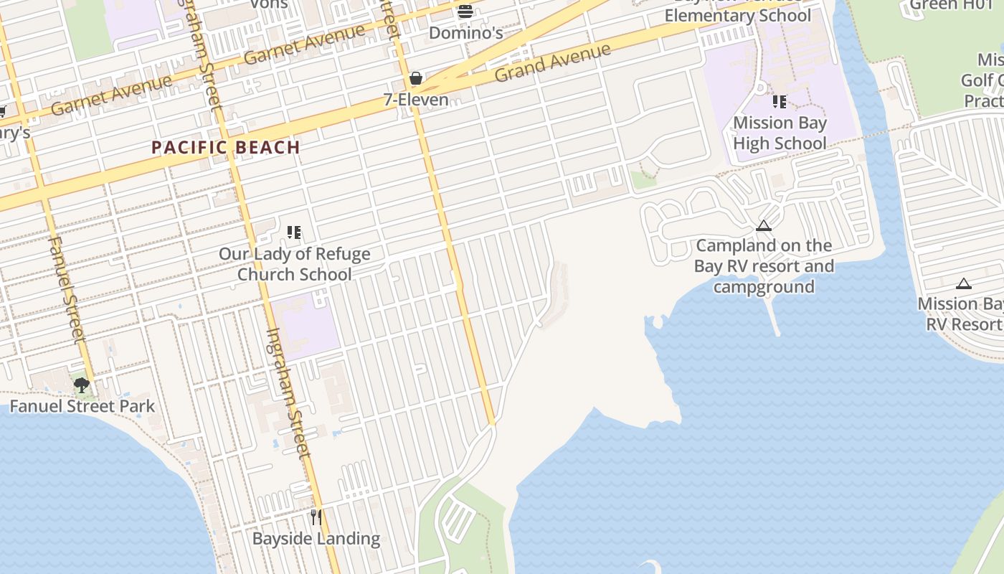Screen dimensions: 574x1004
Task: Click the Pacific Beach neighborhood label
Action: click(225, 148)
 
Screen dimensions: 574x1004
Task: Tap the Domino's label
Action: click(465, 33)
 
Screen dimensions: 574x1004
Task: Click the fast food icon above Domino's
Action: click(465, 11)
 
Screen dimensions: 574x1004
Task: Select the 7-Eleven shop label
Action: click(416, 100)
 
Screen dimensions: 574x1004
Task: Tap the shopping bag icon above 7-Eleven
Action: click(415, 78)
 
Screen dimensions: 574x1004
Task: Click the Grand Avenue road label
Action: click(553, 62)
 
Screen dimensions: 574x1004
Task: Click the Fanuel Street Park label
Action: click(82, 406)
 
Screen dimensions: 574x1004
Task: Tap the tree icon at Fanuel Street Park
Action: click(82, 385)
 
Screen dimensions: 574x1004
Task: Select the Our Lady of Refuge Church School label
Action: click(294, 264)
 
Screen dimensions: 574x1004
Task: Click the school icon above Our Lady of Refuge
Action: click(293, 232)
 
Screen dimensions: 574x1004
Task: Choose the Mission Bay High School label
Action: click(780, 133)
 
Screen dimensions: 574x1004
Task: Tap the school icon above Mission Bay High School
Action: click(780, 102)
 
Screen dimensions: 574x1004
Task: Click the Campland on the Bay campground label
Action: click(764, 266)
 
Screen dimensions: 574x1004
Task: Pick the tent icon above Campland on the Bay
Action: click(764, 226)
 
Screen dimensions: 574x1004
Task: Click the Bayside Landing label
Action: click(316, 538)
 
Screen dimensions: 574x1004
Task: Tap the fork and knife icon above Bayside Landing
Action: click(316, 517)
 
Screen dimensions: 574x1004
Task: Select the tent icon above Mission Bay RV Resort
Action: click(964, 284)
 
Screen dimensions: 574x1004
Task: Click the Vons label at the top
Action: click(269, 4)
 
